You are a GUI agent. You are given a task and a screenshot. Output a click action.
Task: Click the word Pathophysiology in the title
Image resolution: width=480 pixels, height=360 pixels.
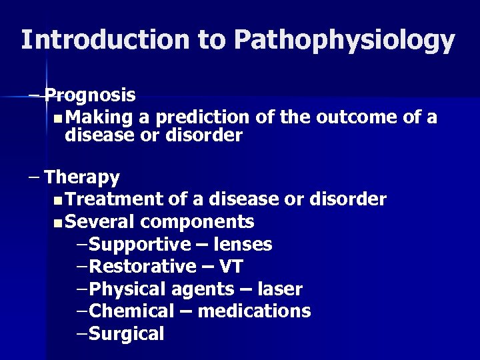click(345, 41)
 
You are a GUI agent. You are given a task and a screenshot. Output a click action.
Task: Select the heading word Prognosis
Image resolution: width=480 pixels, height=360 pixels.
click(91, 96)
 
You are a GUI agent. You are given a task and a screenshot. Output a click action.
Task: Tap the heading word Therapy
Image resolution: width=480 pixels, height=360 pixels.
click(82, 177)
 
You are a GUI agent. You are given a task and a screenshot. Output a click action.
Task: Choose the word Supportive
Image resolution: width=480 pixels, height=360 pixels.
click(137, 245)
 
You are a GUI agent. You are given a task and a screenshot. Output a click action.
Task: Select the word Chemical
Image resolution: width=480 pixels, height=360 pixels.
click(131, 311)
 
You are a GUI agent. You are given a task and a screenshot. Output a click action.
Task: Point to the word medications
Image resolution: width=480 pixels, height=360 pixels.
click(255, 311)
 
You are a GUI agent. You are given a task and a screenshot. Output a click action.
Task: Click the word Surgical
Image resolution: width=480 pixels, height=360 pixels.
click(126, 333)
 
